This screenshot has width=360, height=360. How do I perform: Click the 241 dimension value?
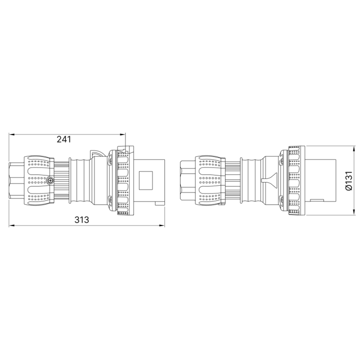pos(64,139)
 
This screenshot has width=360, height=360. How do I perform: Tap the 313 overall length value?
pos(81,219)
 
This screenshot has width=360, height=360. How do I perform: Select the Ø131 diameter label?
pos(348,180)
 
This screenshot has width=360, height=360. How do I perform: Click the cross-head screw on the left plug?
pos(50,181)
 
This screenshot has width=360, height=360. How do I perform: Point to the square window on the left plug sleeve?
pos(146,180)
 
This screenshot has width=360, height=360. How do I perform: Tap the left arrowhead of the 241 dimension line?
pos(11,134)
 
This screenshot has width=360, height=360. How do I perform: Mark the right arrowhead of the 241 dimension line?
pos(123,134)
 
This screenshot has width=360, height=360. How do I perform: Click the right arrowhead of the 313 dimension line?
pos(162,225)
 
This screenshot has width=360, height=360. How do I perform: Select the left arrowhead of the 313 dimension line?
pos(11,225)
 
